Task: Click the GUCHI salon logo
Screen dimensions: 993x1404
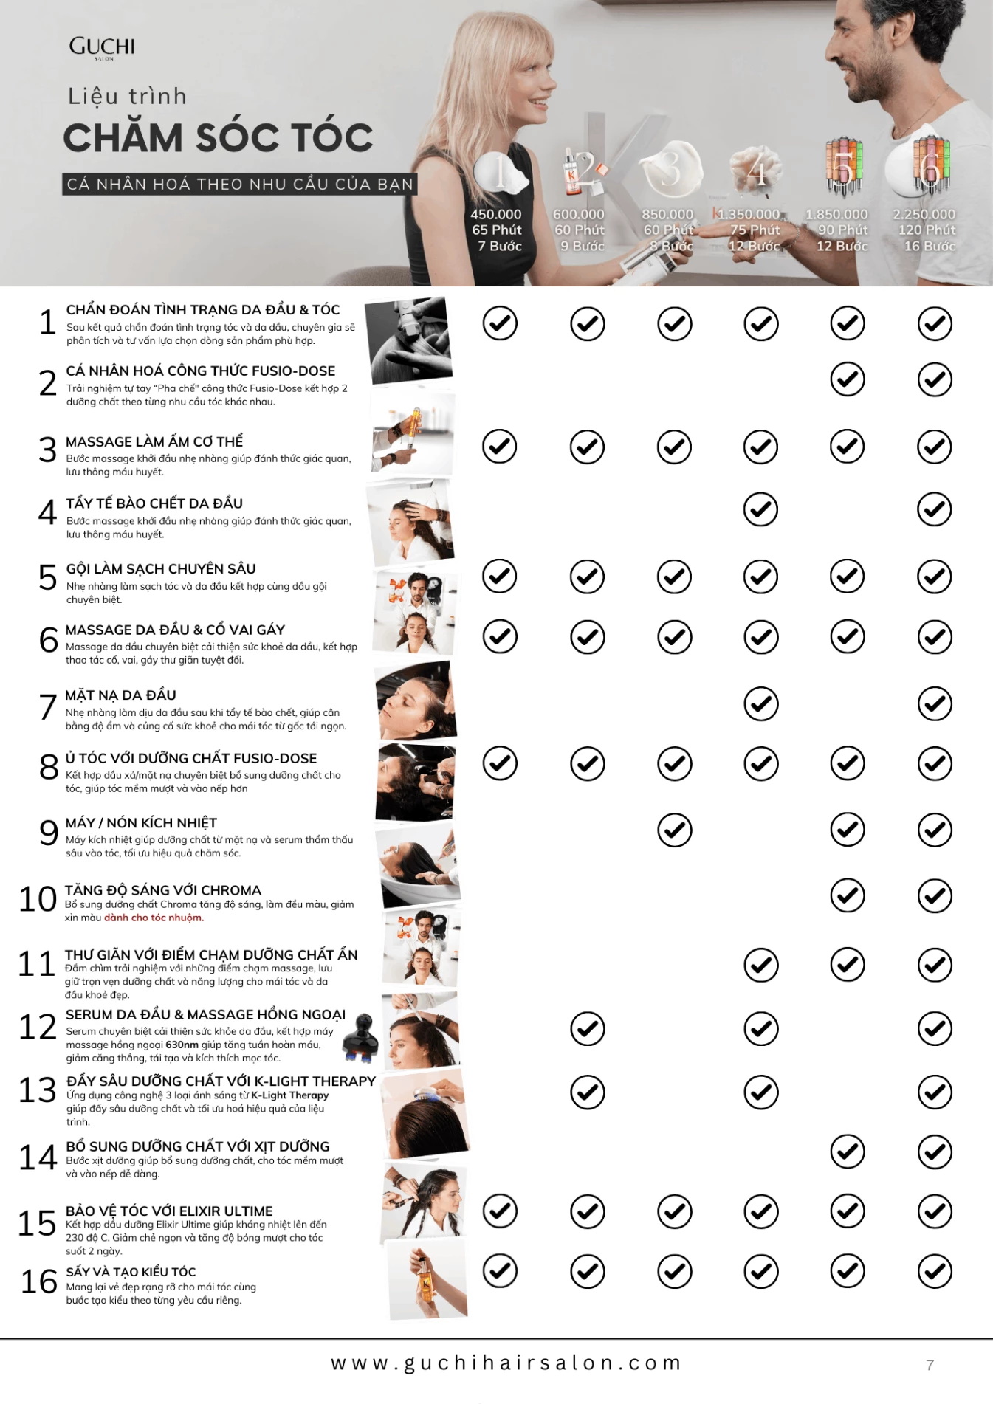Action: tap(102, 48)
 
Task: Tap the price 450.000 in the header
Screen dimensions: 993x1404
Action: tap(496, 214)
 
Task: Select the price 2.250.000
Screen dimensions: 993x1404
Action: tap(924, 214)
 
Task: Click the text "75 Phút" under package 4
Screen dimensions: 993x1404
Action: tap(755, 230)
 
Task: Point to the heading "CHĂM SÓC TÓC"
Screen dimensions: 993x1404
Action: tap(218, 137)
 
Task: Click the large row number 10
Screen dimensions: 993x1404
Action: tap(38, 898)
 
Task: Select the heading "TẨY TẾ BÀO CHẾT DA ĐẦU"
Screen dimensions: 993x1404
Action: tap(154, 503)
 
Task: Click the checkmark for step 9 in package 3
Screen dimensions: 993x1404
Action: tap(674, 830)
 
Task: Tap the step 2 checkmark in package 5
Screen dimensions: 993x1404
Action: tap(848, 379)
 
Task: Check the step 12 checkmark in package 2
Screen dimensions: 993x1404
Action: tap(588, 1028)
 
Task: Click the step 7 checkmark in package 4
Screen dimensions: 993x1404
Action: tap(761, 703)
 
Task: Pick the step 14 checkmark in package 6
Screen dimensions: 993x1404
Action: tap(935, 1152)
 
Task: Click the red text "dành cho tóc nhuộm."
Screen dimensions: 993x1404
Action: tap(154, 918)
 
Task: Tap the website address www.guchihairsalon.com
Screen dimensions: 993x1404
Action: tap(506, 1363)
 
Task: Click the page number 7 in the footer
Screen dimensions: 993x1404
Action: tap(930, 1365)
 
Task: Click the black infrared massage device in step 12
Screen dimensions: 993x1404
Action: tap(361, 1038)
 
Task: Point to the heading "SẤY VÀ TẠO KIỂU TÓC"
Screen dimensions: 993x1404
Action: tap(131, 1272)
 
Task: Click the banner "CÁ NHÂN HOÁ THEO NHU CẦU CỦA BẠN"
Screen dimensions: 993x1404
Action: tap(240, 184)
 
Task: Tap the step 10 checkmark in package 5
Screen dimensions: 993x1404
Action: tap(848, 895)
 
